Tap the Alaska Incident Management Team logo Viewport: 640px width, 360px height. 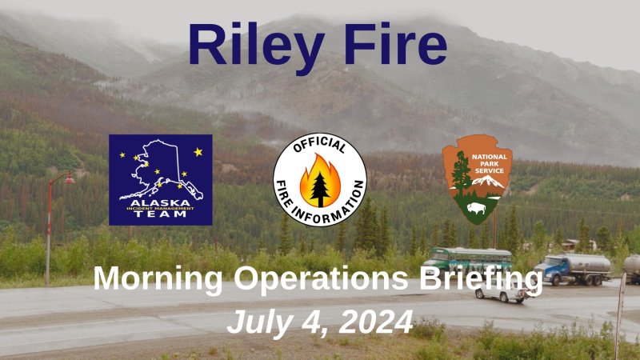(x=161, y=179)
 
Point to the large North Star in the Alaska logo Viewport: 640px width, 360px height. (x=198, y=152)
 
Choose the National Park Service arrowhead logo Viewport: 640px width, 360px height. (x=478, y=178)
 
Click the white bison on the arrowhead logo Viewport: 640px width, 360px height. (x=478, y=208)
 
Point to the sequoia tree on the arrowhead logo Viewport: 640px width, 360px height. (x=460, y=170)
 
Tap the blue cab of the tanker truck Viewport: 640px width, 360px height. (x=550, y=268)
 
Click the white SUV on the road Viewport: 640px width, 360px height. (x=500, y=294)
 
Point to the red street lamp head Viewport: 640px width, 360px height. (x=70, y=178)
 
